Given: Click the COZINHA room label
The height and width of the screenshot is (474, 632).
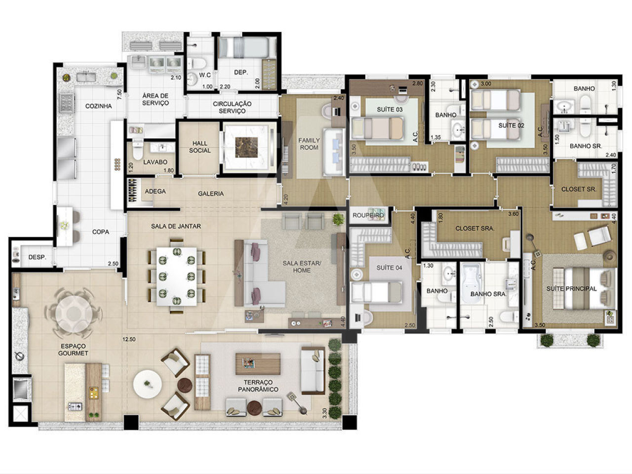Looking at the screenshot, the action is [x=98, y=106].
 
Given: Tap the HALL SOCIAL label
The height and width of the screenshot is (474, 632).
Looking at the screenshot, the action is [x=200, y=147].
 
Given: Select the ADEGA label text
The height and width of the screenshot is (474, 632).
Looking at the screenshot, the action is [x=155, y=192].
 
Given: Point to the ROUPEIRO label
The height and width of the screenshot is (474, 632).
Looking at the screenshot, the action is [x=368, y=215].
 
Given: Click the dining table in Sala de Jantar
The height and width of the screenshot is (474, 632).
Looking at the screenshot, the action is [x=177, y=276].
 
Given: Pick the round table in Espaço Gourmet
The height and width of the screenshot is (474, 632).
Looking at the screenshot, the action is [x=74, y=313].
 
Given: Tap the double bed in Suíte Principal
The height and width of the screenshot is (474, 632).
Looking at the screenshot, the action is [x=585, y=289].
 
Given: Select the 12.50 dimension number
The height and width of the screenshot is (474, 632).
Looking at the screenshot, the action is [x=129, y=339].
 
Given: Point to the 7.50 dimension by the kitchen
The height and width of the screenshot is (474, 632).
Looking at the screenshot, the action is [x=119, y=94].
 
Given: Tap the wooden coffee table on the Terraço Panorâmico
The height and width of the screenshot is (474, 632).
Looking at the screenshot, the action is [x=258, y=364].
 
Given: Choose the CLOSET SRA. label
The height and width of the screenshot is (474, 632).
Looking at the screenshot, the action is [x=475, y=229].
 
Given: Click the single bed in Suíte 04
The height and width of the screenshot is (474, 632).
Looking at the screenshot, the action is [x=377, y=292].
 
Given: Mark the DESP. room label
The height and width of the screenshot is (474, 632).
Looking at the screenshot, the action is [x=37, y=257].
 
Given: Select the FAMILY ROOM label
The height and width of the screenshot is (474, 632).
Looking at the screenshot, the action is [x=309, y=144].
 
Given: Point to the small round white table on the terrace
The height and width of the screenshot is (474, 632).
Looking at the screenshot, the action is [x=148, y=384].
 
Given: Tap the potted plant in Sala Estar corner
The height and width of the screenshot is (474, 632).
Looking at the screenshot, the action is [x=338, y=219].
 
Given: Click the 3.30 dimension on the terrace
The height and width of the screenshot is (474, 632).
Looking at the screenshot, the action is [x=324, y=413].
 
